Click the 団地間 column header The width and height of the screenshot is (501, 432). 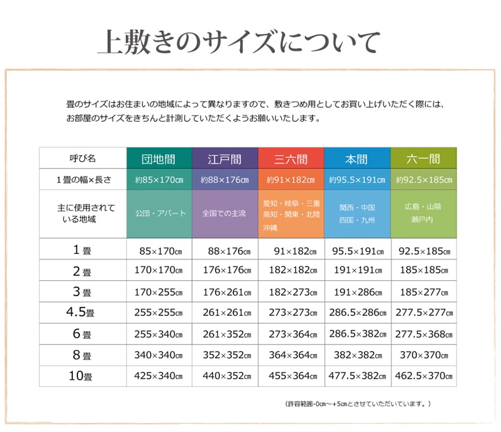coord(159,159)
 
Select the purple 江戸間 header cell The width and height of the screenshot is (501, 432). coord(225,159)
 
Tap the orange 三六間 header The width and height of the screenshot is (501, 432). coord(291,159)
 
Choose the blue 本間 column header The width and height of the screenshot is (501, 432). coord(357,159)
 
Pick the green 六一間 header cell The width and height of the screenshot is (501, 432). coord(423,159)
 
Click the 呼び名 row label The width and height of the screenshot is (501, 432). coord(83,159)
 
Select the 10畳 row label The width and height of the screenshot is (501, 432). coord(83,376)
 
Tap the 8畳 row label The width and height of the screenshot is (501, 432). coord(83,355)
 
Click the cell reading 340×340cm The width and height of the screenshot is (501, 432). coord(159,355)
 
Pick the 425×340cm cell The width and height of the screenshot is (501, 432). coord(159,376)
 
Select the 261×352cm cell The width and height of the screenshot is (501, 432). coord(225,334)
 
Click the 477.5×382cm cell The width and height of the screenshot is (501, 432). coord(357,376)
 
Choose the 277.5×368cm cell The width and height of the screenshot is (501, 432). coord(423,334)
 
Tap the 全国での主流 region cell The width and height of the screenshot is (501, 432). coord(225,214)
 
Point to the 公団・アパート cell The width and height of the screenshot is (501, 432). coord(159,214)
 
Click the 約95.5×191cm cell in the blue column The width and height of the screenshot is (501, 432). coord(357,179)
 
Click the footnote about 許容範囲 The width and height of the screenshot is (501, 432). coord(358,403)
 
